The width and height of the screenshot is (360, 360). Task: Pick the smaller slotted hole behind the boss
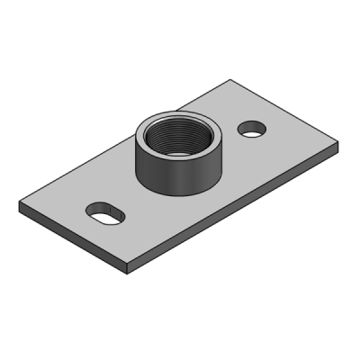click(x=253, y=128)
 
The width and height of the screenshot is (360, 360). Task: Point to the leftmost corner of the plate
click(x=19, y=204)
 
